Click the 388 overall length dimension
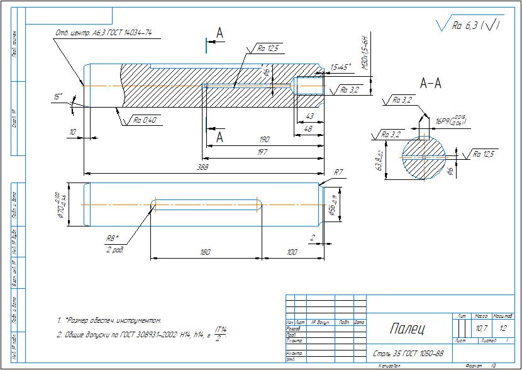point(203,167)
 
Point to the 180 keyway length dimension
point(204,252)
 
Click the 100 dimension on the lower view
point(291,252)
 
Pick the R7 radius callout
point(338,172)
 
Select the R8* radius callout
point(113,238)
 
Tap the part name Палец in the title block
point(407,328)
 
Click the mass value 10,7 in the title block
point(481,328)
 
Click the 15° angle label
point(58,97)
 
